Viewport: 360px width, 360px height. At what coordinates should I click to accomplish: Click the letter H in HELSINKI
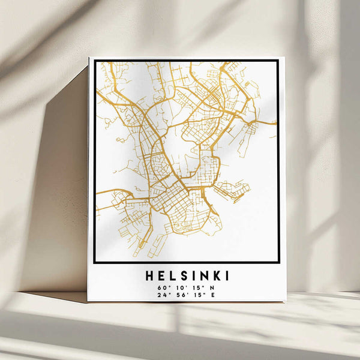[149, 275]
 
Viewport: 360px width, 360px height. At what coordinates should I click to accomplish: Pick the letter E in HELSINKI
[160, 275]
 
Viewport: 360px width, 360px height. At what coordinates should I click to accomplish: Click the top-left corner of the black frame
[95, 61]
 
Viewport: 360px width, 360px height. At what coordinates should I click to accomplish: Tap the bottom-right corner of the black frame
[278, 262]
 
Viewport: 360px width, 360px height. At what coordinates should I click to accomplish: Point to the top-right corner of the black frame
[278, 61]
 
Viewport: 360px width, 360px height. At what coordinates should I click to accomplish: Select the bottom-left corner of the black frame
[95, 262]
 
